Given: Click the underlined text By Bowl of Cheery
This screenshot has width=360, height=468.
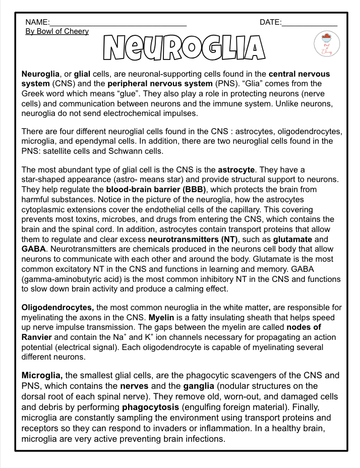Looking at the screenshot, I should pyautogui.click(x=57, y=31).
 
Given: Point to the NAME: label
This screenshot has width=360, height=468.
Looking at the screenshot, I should pyautogui.click(x=37, y=22).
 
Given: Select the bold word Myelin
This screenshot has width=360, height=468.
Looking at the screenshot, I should pyautogui.click(x=161, y=317).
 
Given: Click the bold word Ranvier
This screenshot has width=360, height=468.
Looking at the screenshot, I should pyautogui.click(x=37, y=337).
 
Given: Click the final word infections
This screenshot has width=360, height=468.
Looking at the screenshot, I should pyautogui.click(x=204, y=439).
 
